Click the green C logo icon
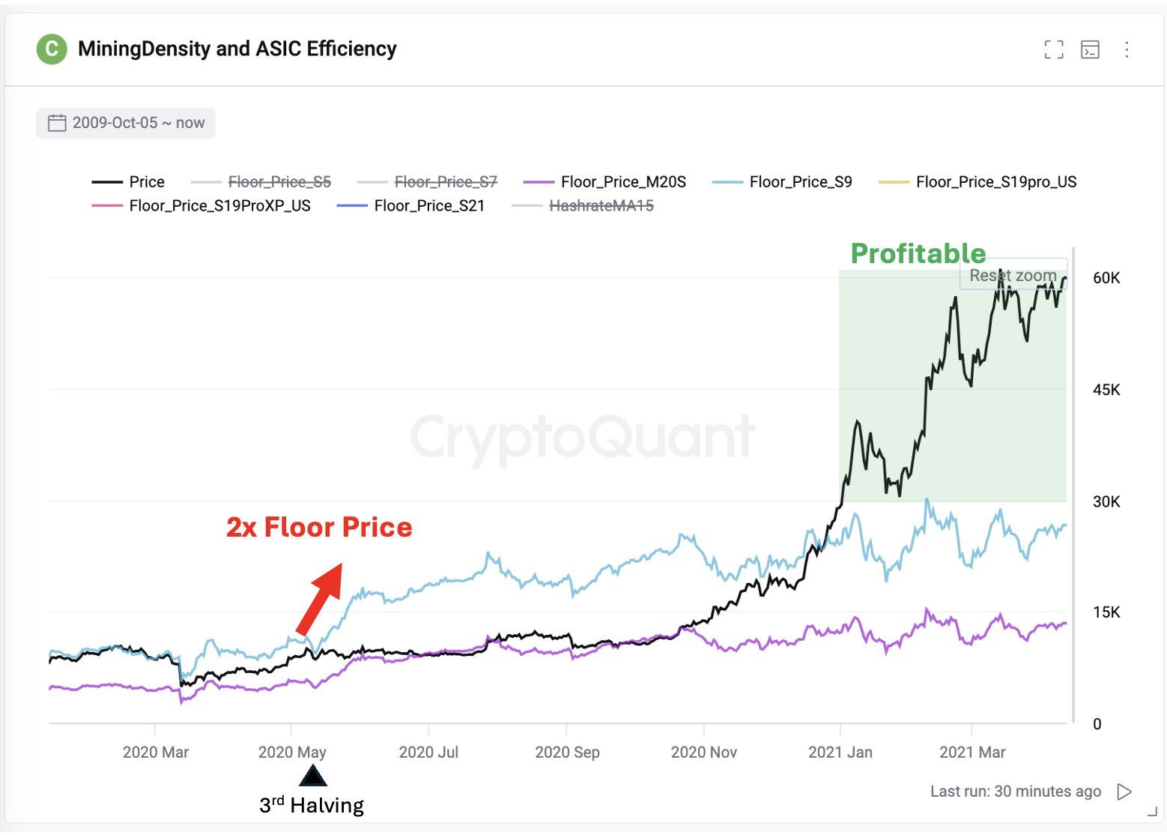[52, 49]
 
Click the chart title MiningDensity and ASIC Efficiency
[237, 49]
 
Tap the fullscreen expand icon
[1053, 50]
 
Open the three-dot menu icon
[1127, 50]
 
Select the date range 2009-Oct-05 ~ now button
[126, 123]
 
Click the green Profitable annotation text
[918, 253]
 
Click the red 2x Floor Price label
[319, 527]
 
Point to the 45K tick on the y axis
[1106, 390]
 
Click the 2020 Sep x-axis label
[567, 752]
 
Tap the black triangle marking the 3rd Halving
[312, 776]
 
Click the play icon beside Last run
[1124, 792]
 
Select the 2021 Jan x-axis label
[840, 752]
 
